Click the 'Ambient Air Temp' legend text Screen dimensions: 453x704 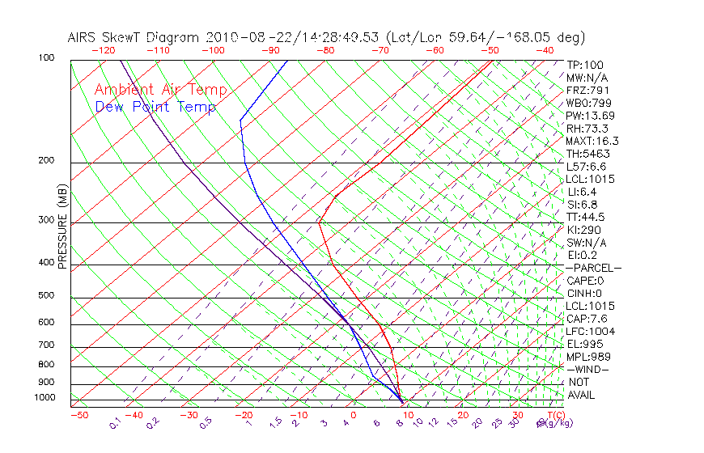[x=161, y=90]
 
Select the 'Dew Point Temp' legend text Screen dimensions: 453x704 [x=155, y=107]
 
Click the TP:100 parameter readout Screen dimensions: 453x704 [x=585, y=65]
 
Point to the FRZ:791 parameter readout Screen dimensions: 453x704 [x=587, y=90]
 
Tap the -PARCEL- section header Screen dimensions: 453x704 [x=593, y=268]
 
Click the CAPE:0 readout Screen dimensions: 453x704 [x=585, y=281]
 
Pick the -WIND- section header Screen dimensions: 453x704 [x=587, y=369]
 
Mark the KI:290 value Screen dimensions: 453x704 [x=584, y=230]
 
